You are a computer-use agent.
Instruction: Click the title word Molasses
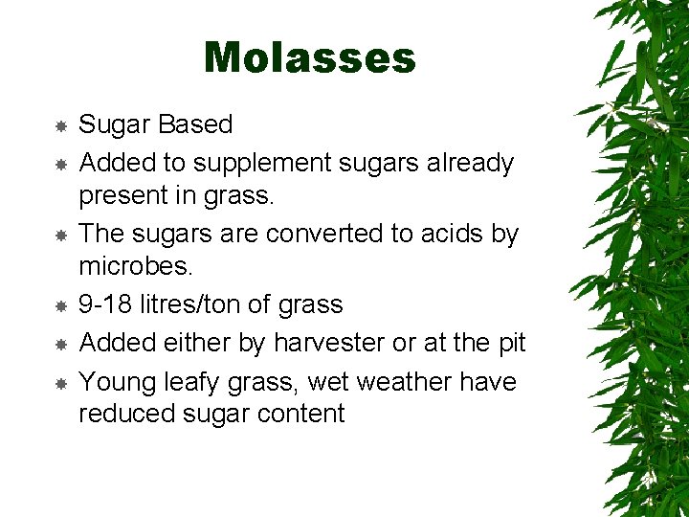click(309, 57)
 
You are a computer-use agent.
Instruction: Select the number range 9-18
click(105, 305)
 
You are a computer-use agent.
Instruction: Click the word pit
click(508, 343)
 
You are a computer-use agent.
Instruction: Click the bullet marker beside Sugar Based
click(60, 125)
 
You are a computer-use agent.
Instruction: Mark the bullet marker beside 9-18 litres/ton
click(60, 306)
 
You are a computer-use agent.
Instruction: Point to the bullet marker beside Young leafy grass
click(60, 383)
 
